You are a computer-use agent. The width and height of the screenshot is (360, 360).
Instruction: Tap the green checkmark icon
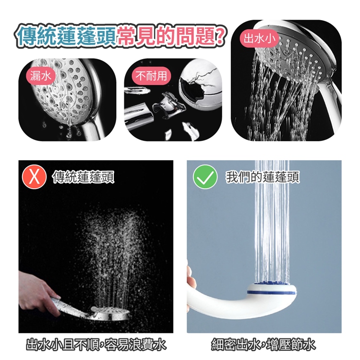pos(205,177)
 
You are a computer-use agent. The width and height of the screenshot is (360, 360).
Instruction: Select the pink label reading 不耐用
pos(151,76)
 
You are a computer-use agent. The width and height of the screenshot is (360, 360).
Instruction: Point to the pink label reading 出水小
pos(260,38)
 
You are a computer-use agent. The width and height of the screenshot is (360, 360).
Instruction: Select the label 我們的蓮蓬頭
pos(263,177)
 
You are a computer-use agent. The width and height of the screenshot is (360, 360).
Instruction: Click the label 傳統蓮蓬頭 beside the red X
pos(84,177)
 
